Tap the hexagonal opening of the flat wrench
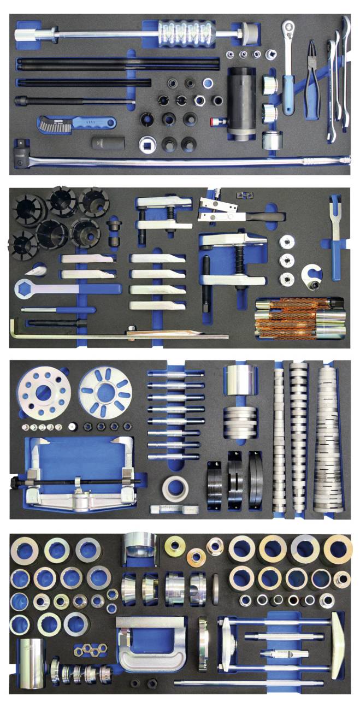point(32,287)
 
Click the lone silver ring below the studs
point(176,486)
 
